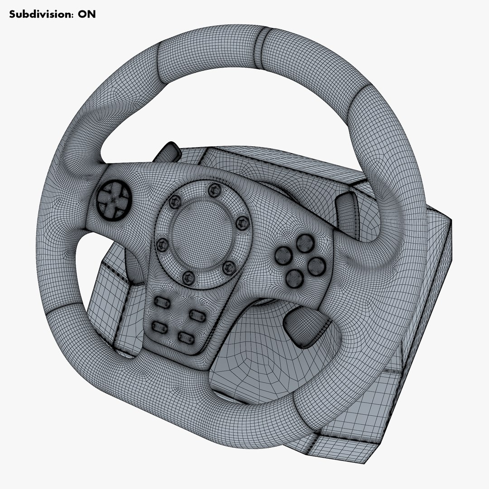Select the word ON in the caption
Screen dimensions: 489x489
click(x=87, y=14)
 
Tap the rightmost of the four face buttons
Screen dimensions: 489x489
click(x=316, y=266)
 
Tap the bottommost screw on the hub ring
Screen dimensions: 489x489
click(x=188, y=277)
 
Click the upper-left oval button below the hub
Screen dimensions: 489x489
click(x=162, y=302)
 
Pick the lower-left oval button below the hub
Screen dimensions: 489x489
click(x=159, y=326)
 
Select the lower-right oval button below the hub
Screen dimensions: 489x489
click(x=186, y=336)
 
